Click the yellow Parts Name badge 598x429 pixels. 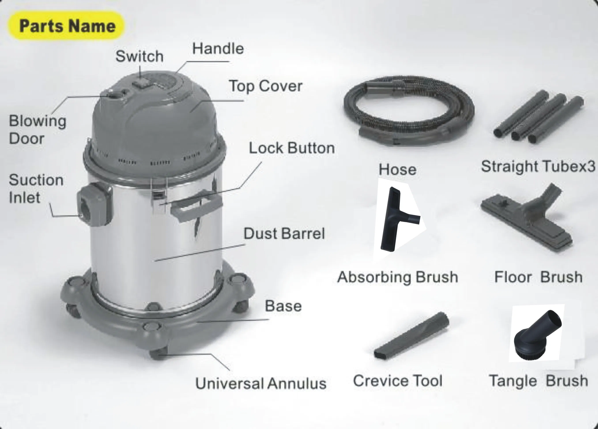66,26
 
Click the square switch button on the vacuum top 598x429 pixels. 140,84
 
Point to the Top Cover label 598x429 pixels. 266,86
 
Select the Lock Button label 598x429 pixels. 292,148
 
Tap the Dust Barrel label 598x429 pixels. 284,234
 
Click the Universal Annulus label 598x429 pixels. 260,383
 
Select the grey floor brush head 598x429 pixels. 527,221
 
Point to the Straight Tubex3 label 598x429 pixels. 538,167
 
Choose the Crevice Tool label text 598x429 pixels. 398,381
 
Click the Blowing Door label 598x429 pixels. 38,130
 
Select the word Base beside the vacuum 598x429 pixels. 283,306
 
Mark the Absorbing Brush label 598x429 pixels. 398,277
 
